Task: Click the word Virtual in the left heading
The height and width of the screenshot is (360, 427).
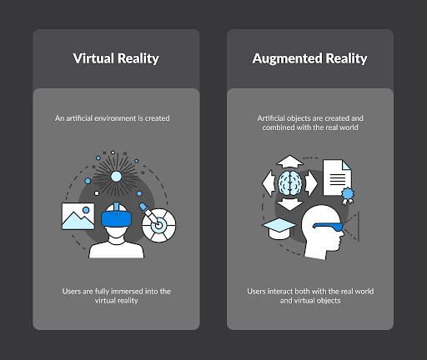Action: [x=93, y=58]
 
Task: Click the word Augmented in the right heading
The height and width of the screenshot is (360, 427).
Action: [x=287, y=59]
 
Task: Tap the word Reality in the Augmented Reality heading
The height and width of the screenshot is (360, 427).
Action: [x=346, y=59]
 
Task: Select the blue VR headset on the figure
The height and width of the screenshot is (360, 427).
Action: [x=117, y=217]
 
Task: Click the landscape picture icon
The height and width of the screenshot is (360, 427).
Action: [x=78, y=216]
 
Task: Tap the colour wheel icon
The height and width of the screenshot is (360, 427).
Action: [x=158, y=225]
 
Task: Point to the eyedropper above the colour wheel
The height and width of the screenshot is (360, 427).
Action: [x=150, y=213]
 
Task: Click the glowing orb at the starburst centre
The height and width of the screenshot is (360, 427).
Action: [x=116, y=177]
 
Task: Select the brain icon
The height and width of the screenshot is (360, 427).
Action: [x=290, y=183]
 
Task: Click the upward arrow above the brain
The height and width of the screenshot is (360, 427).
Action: [x=290, y=162]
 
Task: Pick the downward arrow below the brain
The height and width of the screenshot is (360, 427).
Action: [x=290, y=204]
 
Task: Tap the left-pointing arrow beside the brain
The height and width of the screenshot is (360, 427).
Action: [x=269, y=183]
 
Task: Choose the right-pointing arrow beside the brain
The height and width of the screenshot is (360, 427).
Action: [x=311, y=183]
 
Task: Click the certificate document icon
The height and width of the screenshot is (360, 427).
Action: [x=337, y=177]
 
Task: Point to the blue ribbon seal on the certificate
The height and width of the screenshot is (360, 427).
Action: [x=348, y=195]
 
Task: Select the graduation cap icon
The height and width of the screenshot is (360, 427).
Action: [x=279, y=228]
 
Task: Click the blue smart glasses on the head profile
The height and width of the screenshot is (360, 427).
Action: [x=329, y=227]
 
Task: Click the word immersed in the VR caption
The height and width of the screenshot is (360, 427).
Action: [x=127, y=292]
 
